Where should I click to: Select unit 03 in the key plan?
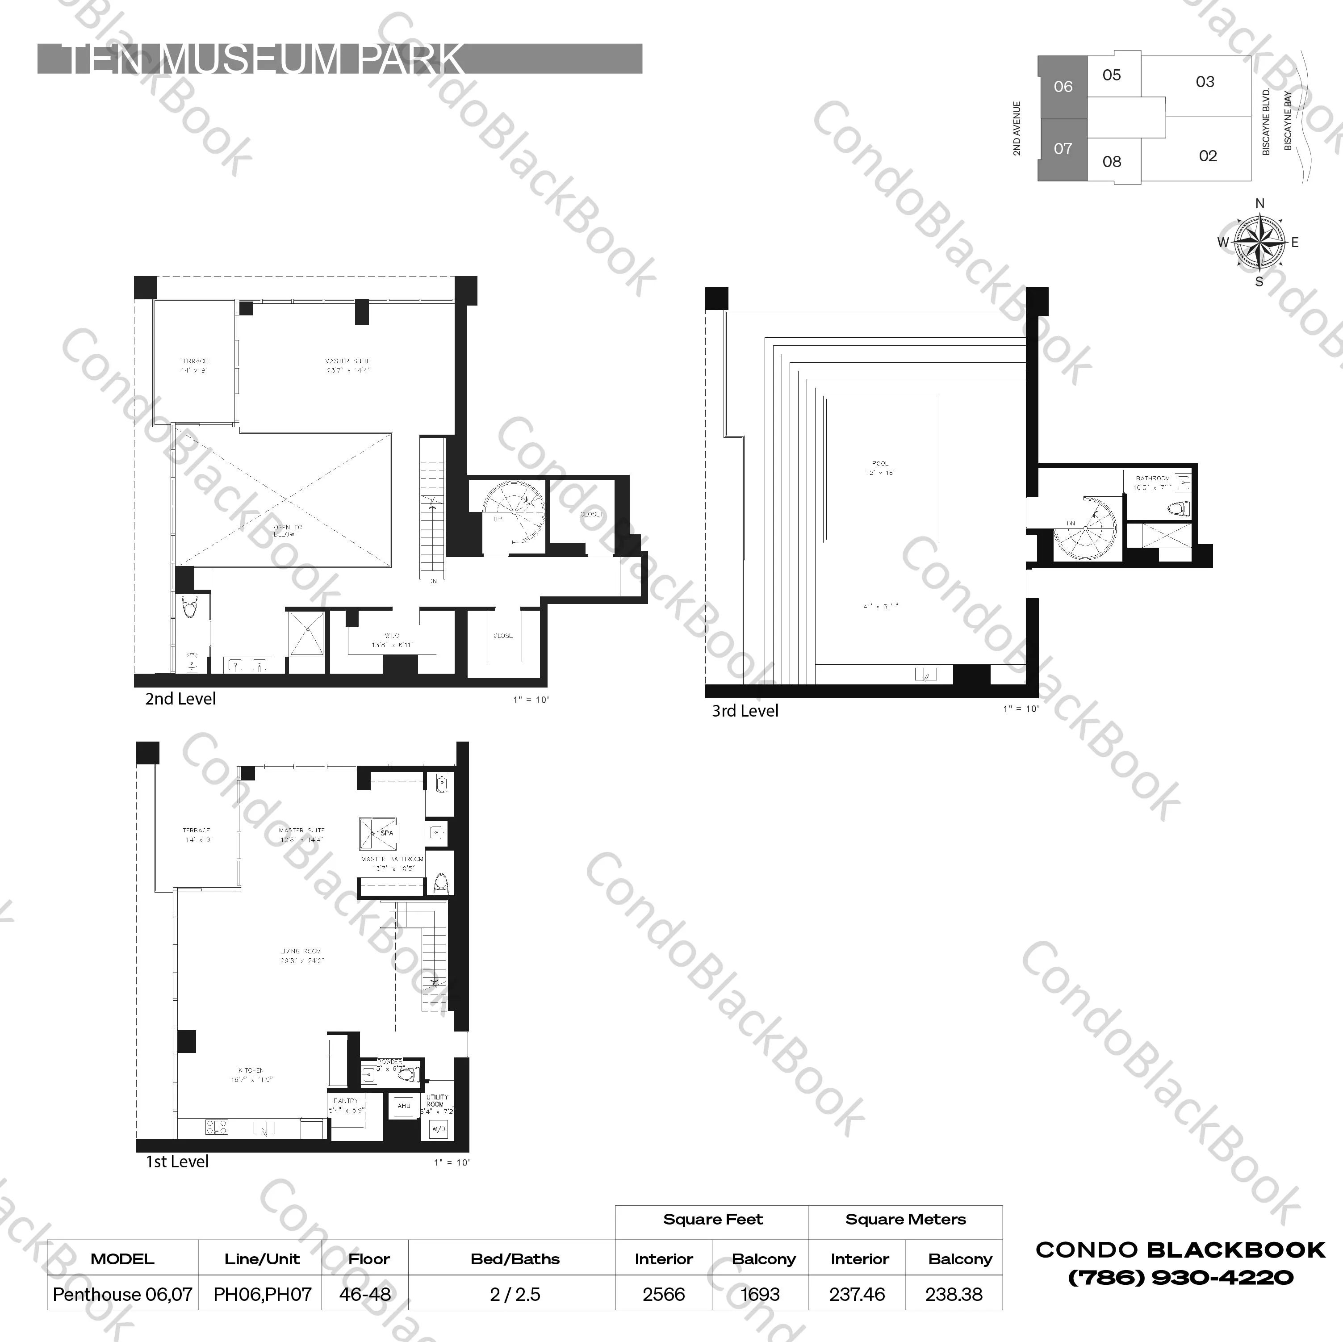(1205, 82)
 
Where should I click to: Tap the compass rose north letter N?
(1259, 204)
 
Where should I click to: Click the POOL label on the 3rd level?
(880, 463)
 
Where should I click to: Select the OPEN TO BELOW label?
(287, 531)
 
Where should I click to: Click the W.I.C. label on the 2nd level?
(392, 636)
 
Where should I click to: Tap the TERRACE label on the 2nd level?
(194, 361)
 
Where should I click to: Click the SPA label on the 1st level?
(386, 833)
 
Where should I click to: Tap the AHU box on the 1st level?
(404, 1106)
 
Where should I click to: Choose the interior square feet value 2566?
(663, 1294)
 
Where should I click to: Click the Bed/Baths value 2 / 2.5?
(515, 1294)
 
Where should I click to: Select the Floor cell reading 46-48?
(365, 1294)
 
